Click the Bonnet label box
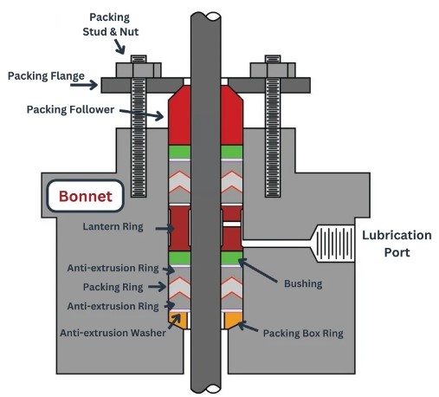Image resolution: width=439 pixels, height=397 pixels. point(86,196)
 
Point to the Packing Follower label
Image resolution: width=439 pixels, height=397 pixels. point(72,109)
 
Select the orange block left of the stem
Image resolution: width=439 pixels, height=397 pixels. point(178,321)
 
